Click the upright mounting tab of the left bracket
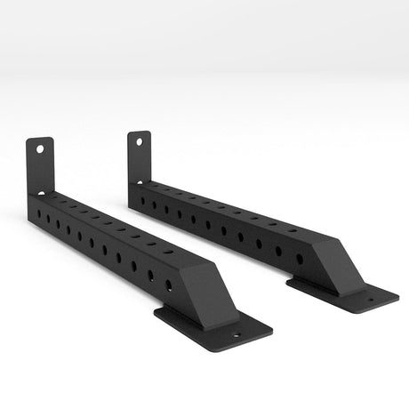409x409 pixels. (40, 165)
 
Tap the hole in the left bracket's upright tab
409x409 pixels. (39, 149)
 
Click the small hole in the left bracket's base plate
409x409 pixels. (237, 337)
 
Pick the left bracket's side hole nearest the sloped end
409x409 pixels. (169, 285)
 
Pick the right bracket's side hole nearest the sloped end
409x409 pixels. (299, 258)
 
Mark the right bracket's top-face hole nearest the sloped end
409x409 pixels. (293, 229)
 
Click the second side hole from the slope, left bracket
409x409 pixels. (151, 276)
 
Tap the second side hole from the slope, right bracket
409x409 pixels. (278, 250)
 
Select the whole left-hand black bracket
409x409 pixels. (116, 249)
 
